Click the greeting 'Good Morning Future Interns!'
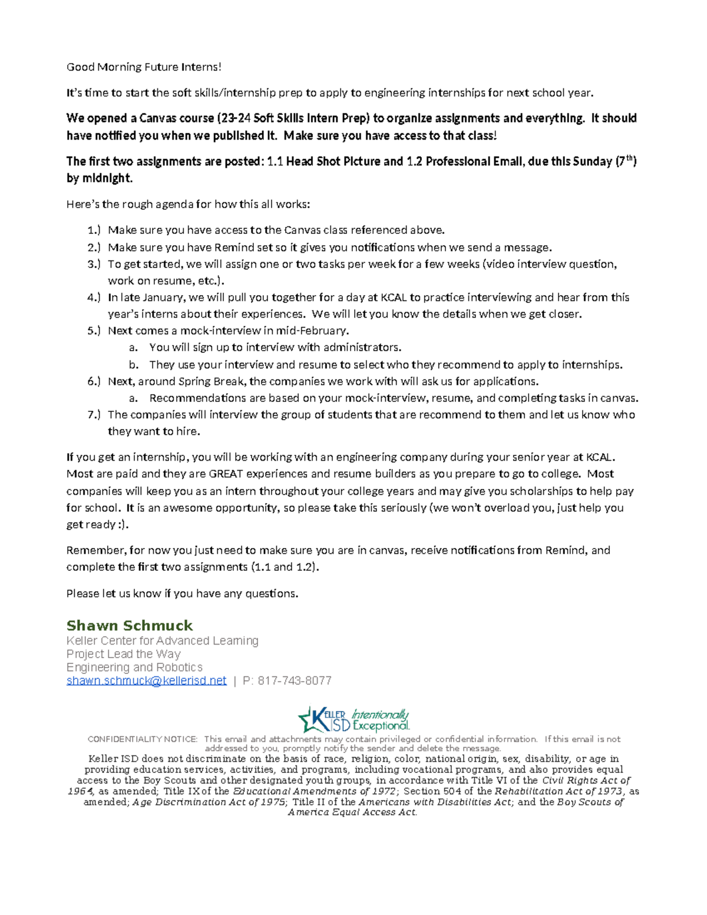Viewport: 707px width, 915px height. [x=144, y=67]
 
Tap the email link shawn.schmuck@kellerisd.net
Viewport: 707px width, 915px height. [x=146, y=681]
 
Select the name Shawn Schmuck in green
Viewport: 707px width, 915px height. [x=130, y=625]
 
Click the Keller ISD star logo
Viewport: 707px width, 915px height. [x=312, y=719]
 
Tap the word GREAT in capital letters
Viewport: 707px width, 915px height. [x=226, y=474]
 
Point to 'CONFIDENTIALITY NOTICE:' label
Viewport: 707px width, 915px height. [x=143, y=739]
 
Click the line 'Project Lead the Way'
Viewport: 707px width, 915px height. [x=123, y=654]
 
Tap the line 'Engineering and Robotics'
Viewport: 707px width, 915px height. [x=134, y=667]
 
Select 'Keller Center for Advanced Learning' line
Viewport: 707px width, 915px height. [x=162, y=640]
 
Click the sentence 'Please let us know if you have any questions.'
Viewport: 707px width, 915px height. [x=182, y=593]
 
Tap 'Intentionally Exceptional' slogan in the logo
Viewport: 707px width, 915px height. [x=381, y=719]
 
